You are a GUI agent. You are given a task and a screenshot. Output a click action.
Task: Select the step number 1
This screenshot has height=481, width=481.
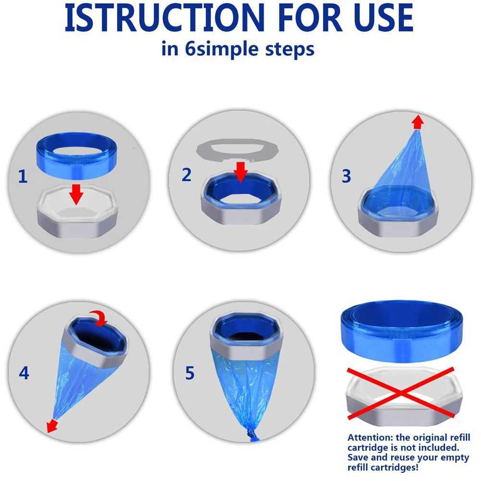coord(22,177)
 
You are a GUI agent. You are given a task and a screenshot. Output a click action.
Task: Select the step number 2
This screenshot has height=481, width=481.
coord(186,175)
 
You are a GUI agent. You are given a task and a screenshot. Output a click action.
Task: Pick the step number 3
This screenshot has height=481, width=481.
coord(346,176)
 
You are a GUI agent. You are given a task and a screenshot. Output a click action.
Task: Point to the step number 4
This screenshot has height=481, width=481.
coord(24,373)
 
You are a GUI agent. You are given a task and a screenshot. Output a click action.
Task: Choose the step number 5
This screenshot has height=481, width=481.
coord(190,373)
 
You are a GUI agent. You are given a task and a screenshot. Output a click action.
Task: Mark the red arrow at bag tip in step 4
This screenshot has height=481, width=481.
coord(49,425)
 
